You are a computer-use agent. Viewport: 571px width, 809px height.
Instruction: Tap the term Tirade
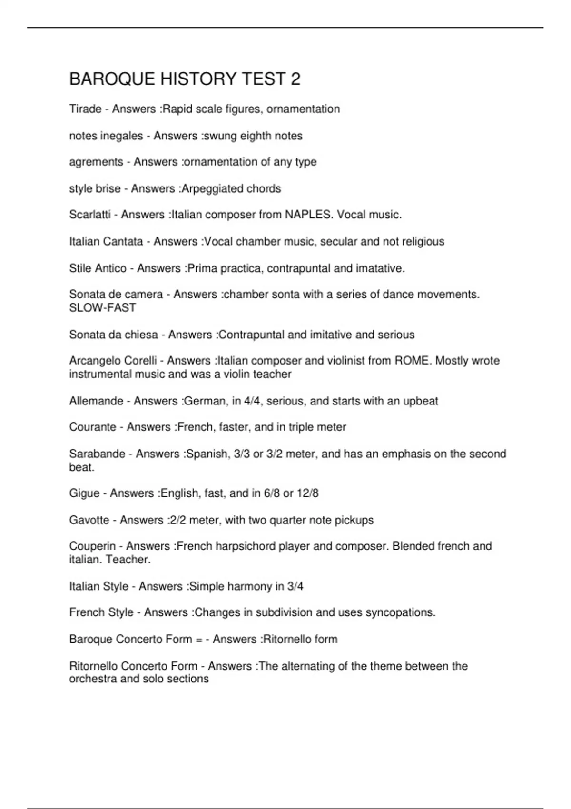[85, 109]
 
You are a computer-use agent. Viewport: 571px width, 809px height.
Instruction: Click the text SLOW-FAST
[103, 308]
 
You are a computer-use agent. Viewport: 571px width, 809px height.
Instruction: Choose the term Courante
[93, 427]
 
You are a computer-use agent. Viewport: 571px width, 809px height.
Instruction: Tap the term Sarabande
[97, 454]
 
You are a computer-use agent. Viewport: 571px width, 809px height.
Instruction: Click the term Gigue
[84, 493]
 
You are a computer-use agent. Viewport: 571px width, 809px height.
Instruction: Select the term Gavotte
[89, 520]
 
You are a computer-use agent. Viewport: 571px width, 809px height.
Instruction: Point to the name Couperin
[92, 546]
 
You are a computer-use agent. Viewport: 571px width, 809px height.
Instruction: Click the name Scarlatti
[90, 215]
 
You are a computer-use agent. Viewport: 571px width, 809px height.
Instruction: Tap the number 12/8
[307, 493]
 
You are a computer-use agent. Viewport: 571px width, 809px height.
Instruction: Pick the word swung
[220, 136]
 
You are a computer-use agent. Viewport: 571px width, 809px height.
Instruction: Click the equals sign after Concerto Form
[199, 639]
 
